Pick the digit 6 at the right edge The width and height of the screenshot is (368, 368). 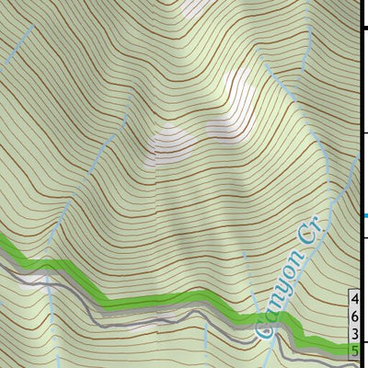356,316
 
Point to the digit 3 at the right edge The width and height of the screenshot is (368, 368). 356,333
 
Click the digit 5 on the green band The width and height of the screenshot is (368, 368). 356,350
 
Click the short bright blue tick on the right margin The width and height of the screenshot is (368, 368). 365,216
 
